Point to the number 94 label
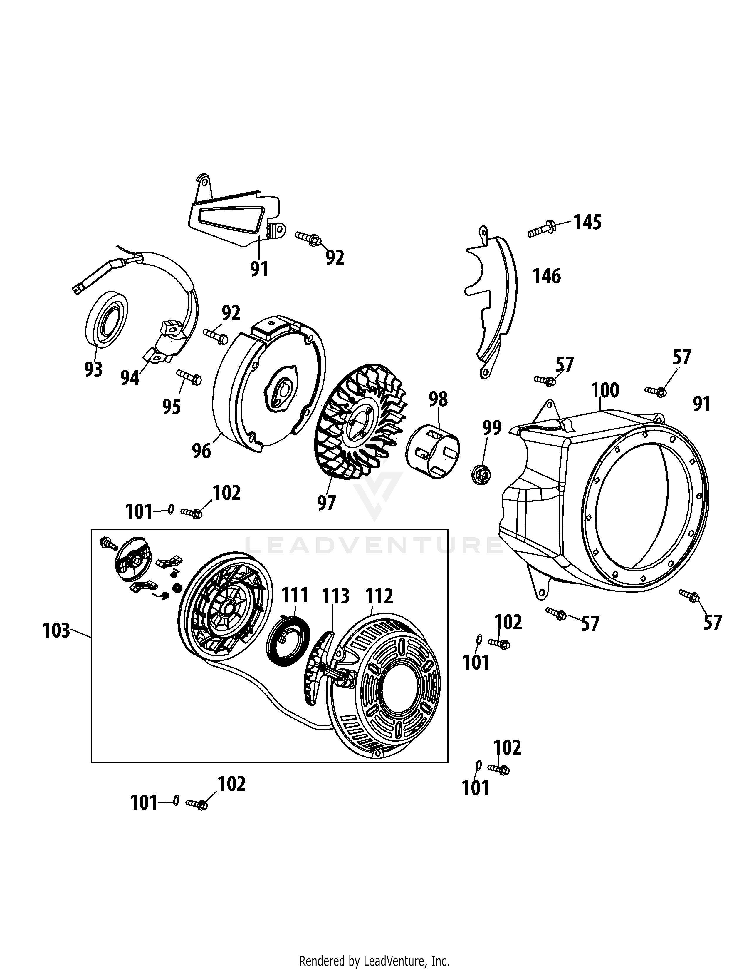click(130, 378)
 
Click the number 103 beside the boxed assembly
click(56, 630)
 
